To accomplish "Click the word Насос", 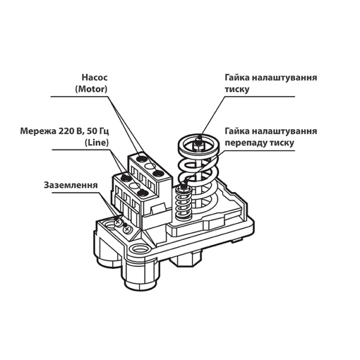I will point(94,77).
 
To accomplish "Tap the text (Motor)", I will point(91,89).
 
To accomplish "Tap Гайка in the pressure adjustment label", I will point(237,78).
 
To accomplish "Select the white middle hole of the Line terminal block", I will point(134,185).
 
